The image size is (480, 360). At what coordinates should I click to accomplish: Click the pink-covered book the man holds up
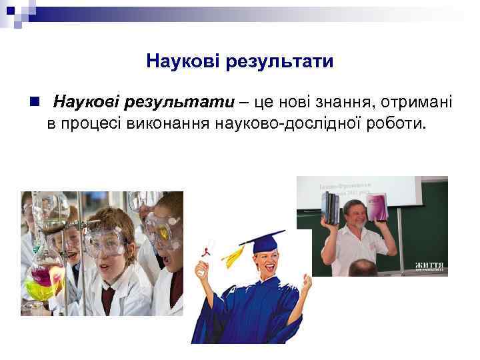point(377,207)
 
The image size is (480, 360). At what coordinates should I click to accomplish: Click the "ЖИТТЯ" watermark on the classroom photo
point(430,266)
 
